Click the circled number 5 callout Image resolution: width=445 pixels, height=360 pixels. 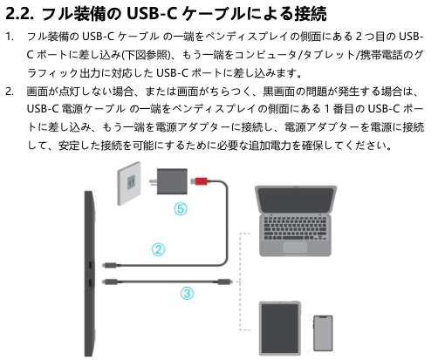click(181, 208)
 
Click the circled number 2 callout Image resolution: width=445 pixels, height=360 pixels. click(158, 249)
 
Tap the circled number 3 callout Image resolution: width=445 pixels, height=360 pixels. click(187, 293)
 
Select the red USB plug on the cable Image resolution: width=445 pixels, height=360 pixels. click(201, 181)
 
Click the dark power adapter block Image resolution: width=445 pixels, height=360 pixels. click(172, 181)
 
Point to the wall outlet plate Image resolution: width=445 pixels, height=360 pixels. click(129, 183)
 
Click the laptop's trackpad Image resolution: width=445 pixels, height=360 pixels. click(295, 248)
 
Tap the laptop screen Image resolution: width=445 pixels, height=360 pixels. click(296, 200)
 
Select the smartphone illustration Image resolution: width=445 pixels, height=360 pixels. click(323, 333)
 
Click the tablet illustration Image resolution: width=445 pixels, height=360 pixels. click(280, 329)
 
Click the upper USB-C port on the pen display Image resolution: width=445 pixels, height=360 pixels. click(90, 265)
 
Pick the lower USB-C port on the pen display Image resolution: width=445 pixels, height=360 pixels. click(90, 282)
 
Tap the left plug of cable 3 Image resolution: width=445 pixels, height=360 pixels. click(111, 282)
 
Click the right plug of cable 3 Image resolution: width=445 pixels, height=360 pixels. click(223, 282)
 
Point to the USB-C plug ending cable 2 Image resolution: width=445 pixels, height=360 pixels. click(111, 265)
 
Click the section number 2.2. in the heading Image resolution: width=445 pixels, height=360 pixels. click(19, 13)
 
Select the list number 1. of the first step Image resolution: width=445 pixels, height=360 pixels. click(10, 37)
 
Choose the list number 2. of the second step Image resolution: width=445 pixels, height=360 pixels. click(10, 92)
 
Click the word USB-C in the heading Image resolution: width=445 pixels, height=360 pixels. click(152, 13)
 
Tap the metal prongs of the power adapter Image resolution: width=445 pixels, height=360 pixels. click(153, 182)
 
